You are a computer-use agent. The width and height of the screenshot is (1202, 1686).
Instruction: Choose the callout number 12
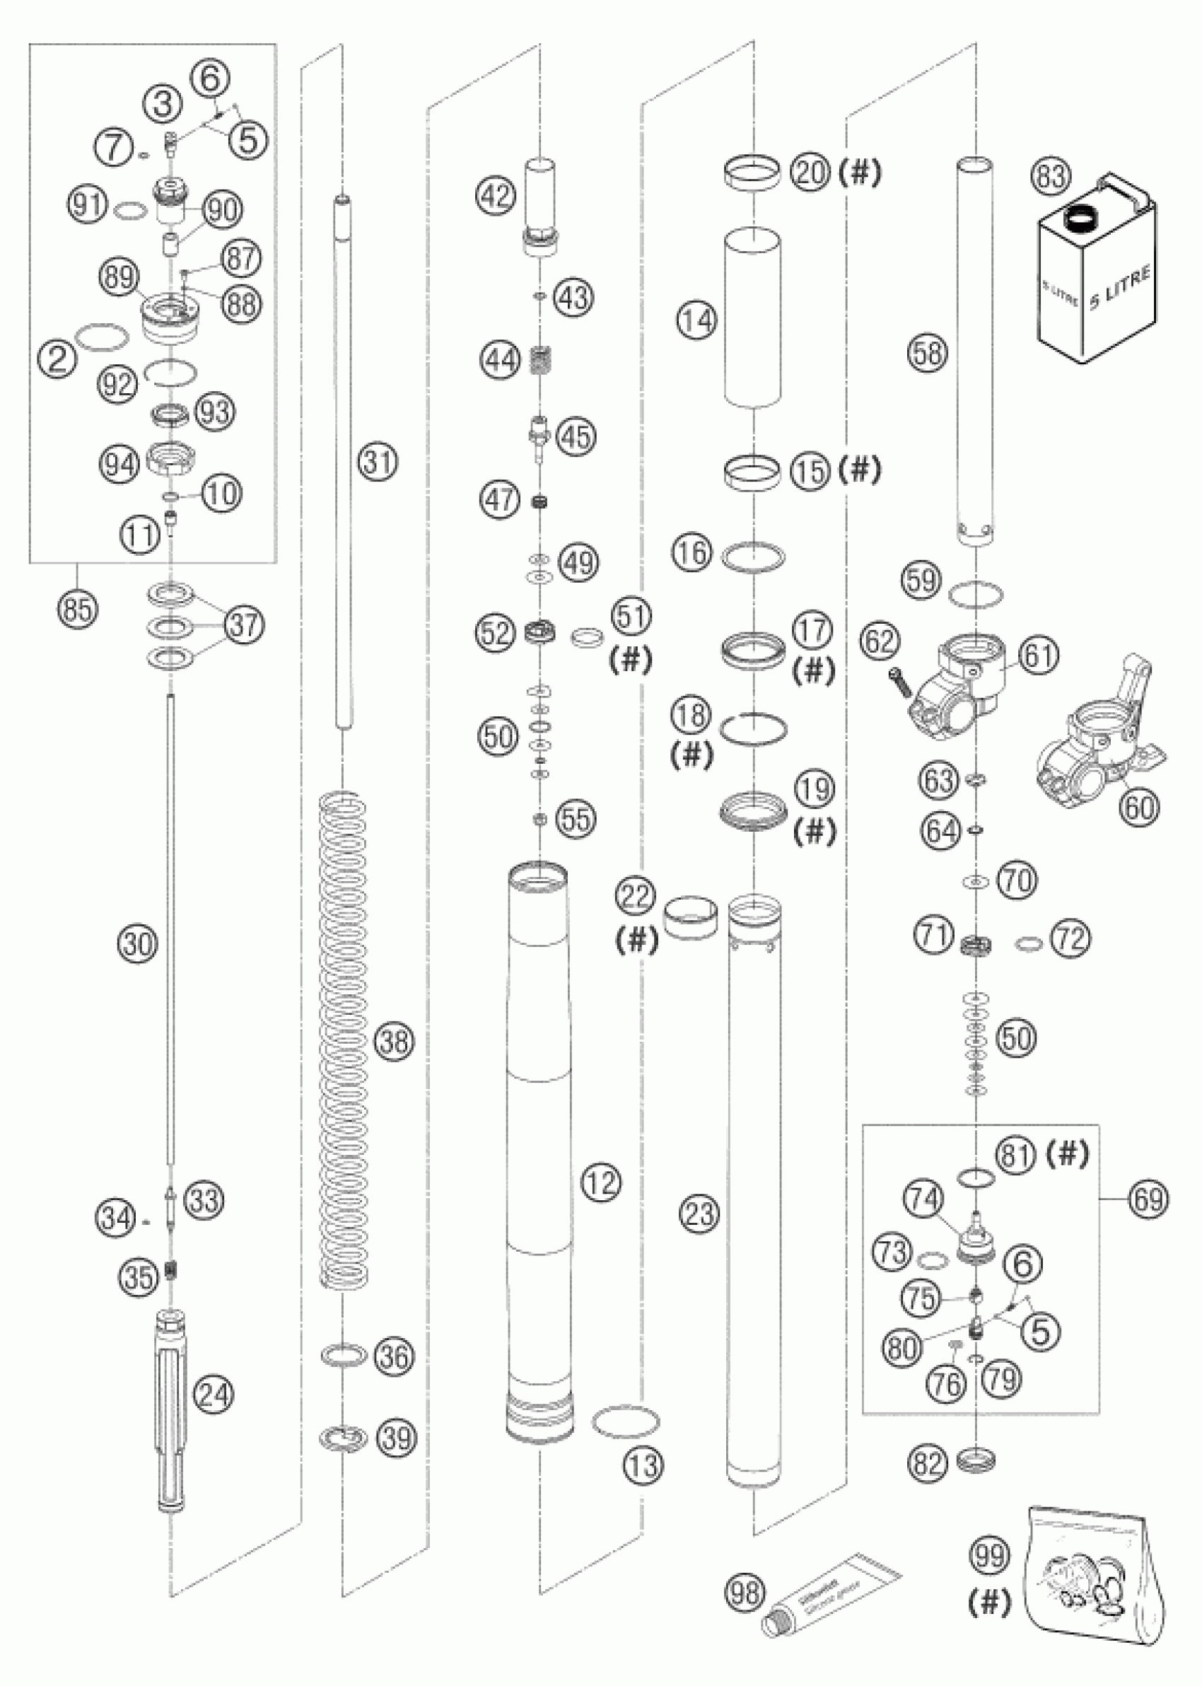600,1183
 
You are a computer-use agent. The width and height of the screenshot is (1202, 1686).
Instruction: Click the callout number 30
138,944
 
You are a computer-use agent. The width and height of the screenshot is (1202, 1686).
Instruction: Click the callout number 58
929,353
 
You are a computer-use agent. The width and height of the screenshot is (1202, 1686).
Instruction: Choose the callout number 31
378,462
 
